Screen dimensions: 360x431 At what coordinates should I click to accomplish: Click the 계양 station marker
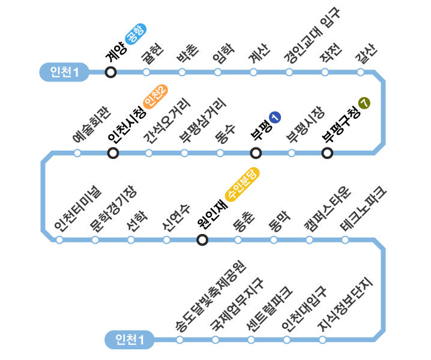(x=110, y=73)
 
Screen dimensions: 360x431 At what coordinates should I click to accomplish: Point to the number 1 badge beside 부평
(x=275, y=118)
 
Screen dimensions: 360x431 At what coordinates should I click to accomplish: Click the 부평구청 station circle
(x=327, y=153)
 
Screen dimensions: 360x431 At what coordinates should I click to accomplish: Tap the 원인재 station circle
(x=203, y=240)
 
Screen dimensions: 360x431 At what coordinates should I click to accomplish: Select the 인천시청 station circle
(x=113, y=153)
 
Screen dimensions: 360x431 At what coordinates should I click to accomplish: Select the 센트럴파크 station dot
(x=251, y=340)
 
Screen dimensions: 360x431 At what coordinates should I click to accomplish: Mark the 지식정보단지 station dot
(x=322, y=340)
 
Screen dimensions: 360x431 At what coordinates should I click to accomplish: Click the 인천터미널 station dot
(x=59, y=240)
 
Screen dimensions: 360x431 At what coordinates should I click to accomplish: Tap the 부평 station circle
(x=256, y=153)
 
